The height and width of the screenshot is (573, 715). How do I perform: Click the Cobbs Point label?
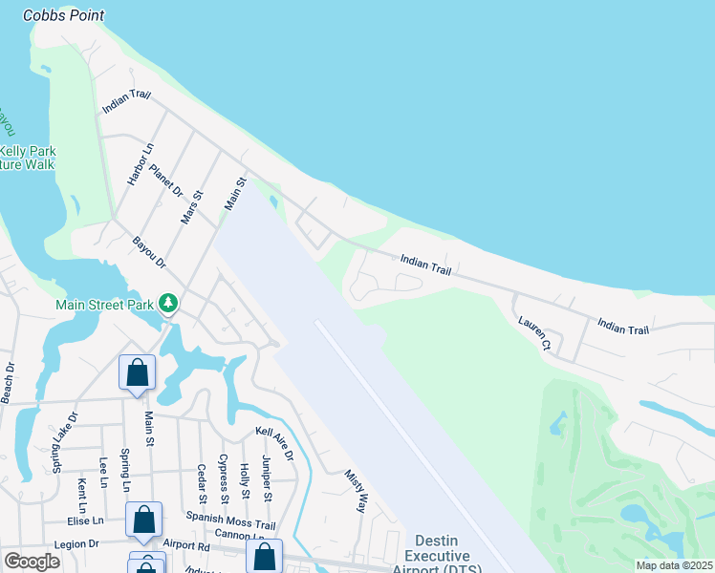[x=63, y=15]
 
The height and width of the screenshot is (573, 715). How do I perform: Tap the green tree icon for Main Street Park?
[x=168, y=303]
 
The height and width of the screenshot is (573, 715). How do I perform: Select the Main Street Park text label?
[x=105, y=305]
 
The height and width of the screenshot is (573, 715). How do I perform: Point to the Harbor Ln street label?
[x=140, y=163]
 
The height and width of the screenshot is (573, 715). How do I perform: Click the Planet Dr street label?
[x=165, y=180]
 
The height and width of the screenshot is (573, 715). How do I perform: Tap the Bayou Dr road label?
[x=149, y=250]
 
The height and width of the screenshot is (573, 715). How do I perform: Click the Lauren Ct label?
[x=534, y=332]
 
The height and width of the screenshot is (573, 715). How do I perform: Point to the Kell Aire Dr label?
[x=274, y=444]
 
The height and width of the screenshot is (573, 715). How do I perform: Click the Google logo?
[x=32, y=562]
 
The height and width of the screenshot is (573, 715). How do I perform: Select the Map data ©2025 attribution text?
[x=673, y=565]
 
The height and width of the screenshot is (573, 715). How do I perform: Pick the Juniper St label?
[x=267, y=479]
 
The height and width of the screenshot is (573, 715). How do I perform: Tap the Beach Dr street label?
[x=10, y=382]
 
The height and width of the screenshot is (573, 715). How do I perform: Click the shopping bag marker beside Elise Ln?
[x=144, y=520]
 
